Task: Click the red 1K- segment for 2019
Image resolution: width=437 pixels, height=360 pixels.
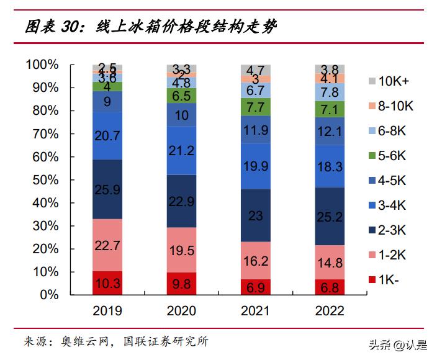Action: pos(107,283)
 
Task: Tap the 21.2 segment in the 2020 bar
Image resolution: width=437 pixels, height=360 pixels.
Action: pos(181,151)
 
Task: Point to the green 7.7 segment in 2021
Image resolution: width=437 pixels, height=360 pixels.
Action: pos(256,107)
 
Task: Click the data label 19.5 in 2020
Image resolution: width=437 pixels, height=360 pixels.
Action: pos(181,250)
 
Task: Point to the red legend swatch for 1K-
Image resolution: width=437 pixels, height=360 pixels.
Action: pos(372,280)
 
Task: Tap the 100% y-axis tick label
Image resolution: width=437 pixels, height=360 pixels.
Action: pos(42,65)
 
